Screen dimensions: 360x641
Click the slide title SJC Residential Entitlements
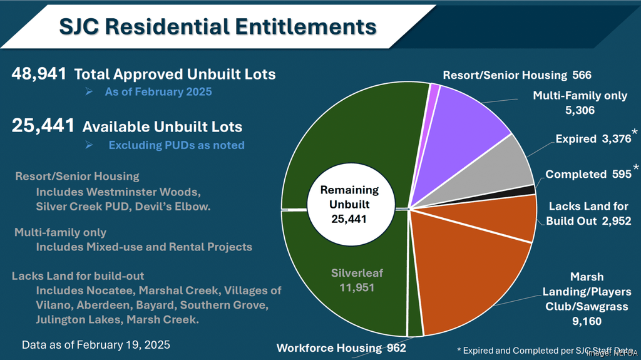[x=217, y=26]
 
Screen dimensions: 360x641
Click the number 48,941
[x=39, y=73]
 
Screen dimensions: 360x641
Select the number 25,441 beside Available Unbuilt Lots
[x=43, y=126]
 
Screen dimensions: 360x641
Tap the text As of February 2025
[x=158, y=92]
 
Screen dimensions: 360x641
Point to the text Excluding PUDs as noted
[x=176, y=145]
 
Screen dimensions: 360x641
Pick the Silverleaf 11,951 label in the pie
[x=357, y=279]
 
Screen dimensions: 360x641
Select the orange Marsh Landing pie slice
[x=469, y=269]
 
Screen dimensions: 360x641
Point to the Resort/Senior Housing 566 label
[x=517, y=75]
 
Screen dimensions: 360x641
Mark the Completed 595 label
[x=588, y=174]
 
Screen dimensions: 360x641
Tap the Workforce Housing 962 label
[x=341, y=348]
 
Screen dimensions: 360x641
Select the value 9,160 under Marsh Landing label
[x=587, y=321]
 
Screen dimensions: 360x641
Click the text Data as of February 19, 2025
[x=96, y=345]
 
